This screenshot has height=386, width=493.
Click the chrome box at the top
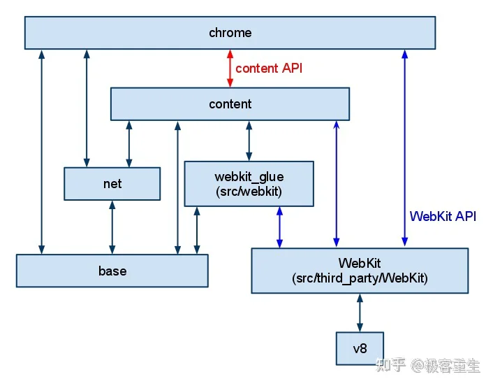click(x=230, y=33)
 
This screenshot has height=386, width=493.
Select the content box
click(x=230, y=104)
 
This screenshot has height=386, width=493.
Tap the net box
click(x=112, y=184)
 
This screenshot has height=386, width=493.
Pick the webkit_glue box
click(x=249, y=184)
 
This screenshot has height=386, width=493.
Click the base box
click(x=112, y=271)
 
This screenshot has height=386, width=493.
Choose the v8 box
click(x=360, y=348)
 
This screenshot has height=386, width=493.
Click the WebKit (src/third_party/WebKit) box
click(x=360, y=271)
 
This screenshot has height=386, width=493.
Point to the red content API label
click(x=269, y=69)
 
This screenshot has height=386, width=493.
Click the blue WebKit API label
click(x=443, y=216)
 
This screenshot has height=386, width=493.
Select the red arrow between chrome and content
click(x=230, y=69)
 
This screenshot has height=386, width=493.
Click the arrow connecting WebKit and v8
click(x=360, y=313)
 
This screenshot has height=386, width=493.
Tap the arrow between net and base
click(x=112, y=227)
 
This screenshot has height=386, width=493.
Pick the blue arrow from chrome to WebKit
click(x=405, y=148)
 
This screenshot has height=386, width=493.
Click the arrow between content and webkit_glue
click(x=249, y=141)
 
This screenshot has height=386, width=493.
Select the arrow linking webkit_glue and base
click(x=197, y=231)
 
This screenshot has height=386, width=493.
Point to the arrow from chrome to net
click(x=87, y=108)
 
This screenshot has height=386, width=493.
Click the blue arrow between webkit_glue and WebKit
click(x=279, y=227)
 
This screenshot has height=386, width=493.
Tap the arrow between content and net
click(x=129, y=144)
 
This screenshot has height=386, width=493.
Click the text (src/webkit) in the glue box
click(x=249, y=192)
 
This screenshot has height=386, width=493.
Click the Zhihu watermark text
click(x=428, y=366)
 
